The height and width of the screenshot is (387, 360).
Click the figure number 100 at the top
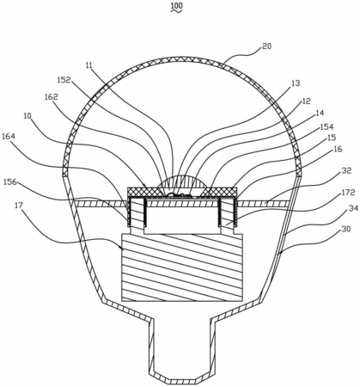click(177, 6)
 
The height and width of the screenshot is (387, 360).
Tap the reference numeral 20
click(266, 46)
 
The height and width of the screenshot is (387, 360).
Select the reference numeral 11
click(88, 65)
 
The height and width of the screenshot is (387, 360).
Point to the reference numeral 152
click(64, 80)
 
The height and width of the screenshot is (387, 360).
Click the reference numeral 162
click(52, 97)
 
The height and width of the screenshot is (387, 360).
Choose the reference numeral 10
click(27, 116)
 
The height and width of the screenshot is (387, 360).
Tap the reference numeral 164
click(9, 136)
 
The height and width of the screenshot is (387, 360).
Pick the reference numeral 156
click(10, 181)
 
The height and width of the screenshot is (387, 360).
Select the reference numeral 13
click(296, 83)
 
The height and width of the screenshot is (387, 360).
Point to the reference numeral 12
click(307, 101)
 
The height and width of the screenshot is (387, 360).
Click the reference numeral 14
click(320, 114)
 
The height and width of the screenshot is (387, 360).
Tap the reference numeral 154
click(327, 126)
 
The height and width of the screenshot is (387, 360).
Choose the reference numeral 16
click(338, 150)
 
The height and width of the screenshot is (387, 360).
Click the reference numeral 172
click(349, 193)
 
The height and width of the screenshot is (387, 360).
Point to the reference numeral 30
click(346, 230)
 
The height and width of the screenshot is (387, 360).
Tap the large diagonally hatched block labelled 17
click(182, 267)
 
